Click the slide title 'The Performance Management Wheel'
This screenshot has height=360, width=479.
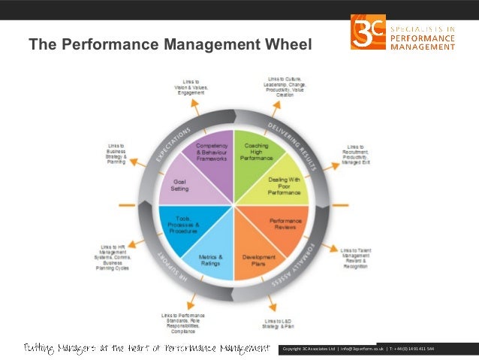[169, 46]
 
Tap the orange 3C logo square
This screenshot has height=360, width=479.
[368, 32]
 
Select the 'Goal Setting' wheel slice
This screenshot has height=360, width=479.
[180, 185]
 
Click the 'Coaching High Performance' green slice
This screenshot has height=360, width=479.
[256, 152]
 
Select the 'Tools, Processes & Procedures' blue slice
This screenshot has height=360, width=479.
[183, 225]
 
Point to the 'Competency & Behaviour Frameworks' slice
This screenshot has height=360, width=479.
[212, 152]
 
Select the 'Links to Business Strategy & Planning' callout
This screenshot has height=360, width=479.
[116, 153]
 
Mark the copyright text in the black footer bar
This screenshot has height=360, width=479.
[356, 349]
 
